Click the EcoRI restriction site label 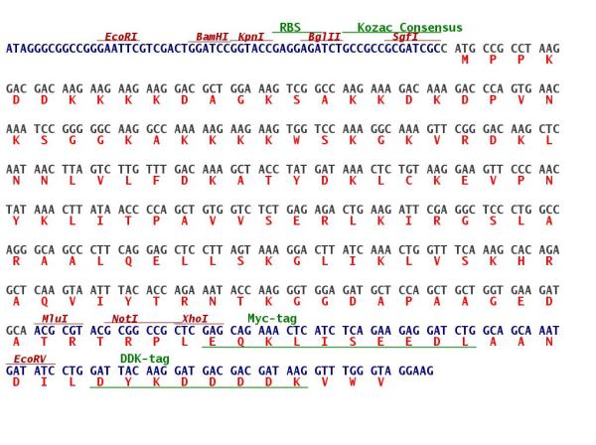pos(121,37)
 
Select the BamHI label pos(213,37)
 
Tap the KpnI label pos(251,37)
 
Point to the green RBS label pos(290,28)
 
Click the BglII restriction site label pos(324,37)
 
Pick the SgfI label pos(405,37)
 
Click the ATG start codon pos(465,49)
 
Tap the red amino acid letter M pos(465,60)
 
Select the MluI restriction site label pos(55,319)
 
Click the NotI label pos(125,319)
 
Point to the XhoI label pos(195,319)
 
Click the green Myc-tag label pos(272,319)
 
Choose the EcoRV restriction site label pos(30,360)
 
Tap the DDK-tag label pos(145,359)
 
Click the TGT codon pos(408,170)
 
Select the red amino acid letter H pos(521,261)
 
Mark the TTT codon pos(156,170)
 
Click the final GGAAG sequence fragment pos(416,371)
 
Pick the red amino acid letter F pos(156,181)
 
